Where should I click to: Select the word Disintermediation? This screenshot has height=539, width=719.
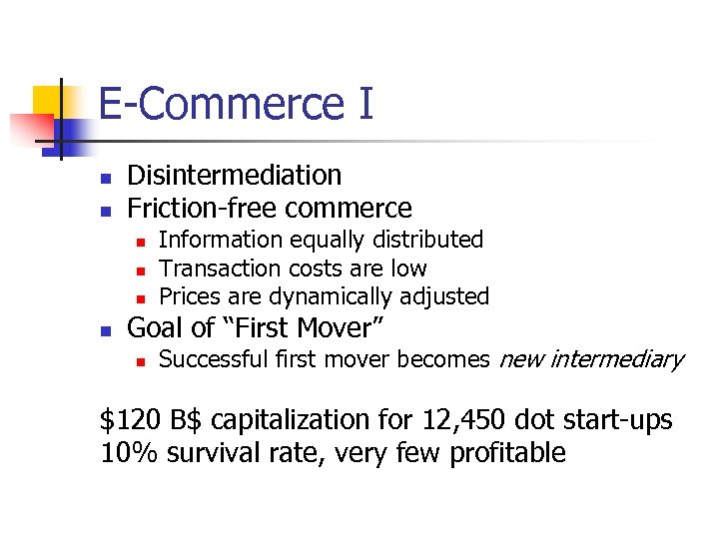click(235, 176)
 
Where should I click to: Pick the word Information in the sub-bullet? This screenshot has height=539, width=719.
click(207, 240)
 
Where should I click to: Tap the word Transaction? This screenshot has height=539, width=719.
click(221, 269)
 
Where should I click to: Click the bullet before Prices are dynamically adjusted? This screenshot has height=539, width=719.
click(142, 298)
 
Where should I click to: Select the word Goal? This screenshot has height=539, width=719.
click(155, 327)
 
